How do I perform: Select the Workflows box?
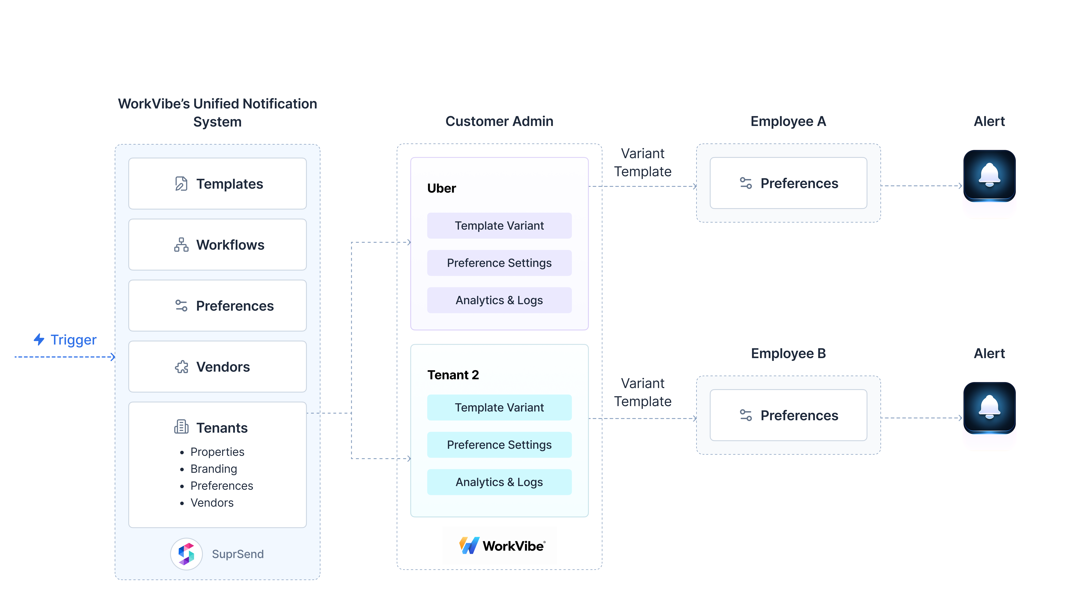217,245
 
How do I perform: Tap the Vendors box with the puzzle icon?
217,367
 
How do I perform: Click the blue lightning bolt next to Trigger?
39,339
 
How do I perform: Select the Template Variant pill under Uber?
499,226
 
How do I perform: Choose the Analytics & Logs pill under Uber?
499,300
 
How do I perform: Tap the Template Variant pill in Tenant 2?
499,408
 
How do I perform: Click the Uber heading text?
441,188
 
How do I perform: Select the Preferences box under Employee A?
788,183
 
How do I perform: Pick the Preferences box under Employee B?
788,415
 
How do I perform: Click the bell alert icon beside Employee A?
989,176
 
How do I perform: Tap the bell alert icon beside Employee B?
989,408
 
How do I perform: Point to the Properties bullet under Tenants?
217,452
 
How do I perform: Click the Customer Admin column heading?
499,121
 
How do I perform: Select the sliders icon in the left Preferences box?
181,306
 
